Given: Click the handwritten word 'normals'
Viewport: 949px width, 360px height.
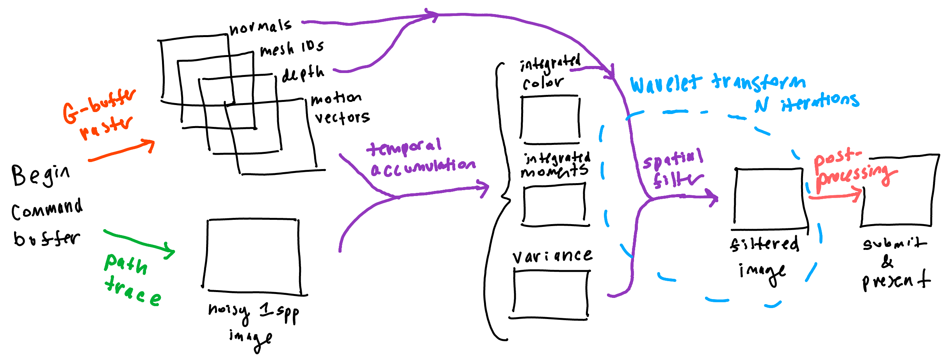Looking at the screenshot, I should pyautogui.click(x=260, y=27).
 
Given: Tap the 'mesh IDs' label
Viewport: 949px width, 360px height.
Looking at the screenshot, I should pyautogui.click(x=292, y=49).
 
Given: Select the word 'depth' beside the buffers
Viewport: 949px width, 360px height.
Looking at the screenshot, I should pyautogui.click(x=303, y=73).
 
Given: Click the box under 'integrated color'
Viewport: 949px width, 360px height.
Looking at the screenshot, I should pyautogui.click(x=550, y=119).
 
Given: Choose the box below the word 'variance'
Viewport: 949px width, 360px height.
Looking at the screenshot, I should pyautogui.click(x=550, y=294).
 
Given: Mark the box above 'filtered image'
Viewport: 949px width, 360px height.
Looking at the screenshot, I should pyautogui.click(x=769, y=199).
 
